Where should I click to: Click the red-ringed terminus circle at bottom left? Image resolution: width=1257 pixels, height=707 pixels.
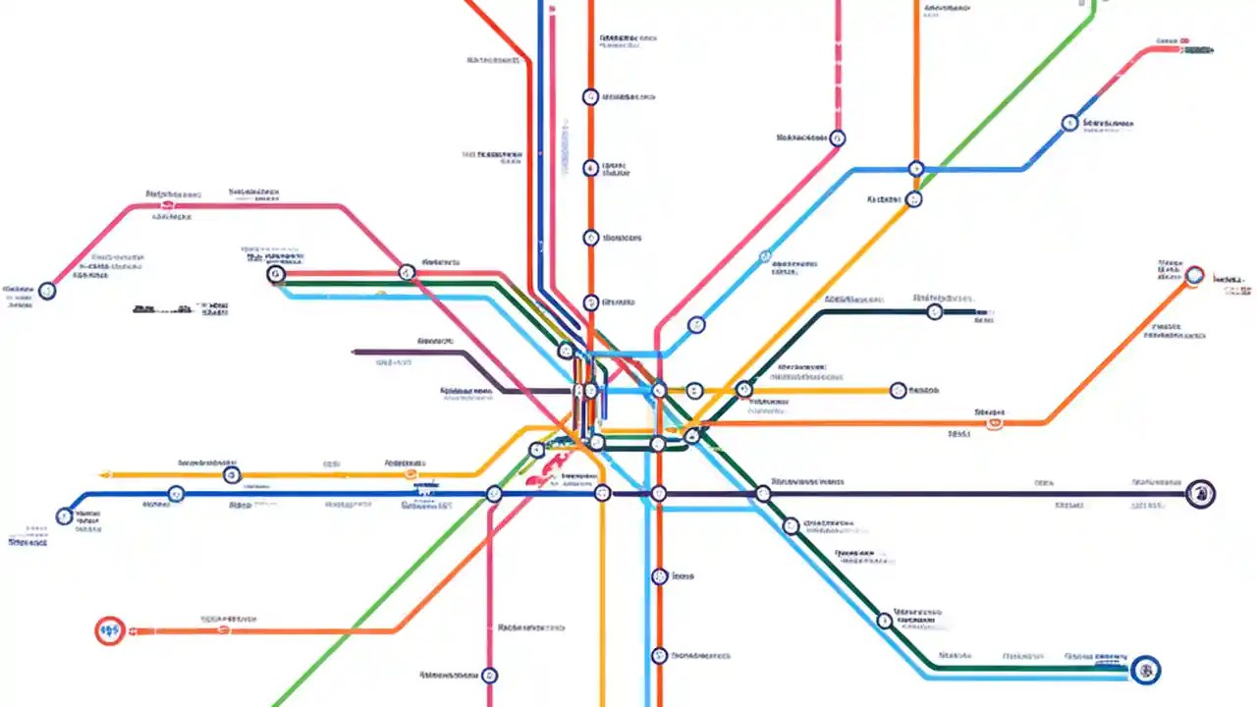click(109, 630)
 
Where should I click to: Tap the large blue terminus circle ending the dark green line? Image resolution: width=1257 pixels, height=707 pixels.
click(1145, 670)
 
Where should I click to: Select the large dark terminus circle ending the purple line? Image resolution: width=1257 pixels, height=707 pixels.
click(1199, 493)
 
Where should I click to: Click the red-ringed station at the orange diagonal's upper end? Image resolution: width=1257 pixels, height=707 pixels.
click(1194, 275)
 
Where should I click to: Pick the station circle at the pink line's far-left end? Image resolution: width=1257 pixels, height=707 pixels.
click(46, 290)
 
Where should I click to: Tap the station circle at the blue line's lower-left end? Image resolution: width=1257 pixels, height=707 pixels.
click(65, 515)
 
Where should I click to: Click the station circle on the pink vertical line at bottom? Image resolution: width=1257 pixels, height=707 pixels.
click(489, 675)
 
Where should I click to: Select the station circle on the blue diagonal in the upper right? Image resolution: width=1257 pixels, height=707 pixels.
click(1069, 124)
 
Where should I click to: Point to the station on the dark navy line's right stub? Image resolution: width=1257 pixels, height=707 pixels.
click(934, 312)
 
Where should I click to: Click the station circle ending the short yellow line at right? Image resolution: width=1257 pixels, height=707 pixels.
click(897, 391)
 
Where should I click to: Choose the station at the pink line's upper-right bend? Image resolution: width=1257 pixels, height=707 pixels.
click(837, 138)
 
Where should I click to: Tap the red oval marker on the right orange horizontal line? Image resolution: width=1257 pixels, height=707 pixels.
click(994, 423)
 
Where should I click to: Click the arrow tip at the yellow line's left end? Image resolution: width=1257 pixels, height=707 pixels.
click(103, 475)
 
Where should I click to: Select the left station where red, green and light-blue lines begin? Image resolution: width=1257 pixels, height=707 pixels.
click(276, 274)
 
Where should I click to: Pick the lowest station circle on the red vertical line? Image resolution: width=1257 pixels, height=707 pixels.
click(659, 655)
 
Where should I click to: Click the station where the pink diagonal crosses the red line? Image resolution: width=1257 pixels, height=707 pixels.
click(407, 272)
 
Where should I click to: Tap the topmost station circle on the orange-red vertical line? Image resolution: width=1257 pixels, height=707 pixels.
click(590, 96)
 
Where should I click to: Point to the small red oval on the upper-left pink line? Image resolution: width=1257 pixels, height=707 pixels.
click(167, 205)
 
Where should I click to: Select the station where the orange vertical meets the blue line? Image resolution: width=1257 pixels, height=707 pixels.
click(915, 169)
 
